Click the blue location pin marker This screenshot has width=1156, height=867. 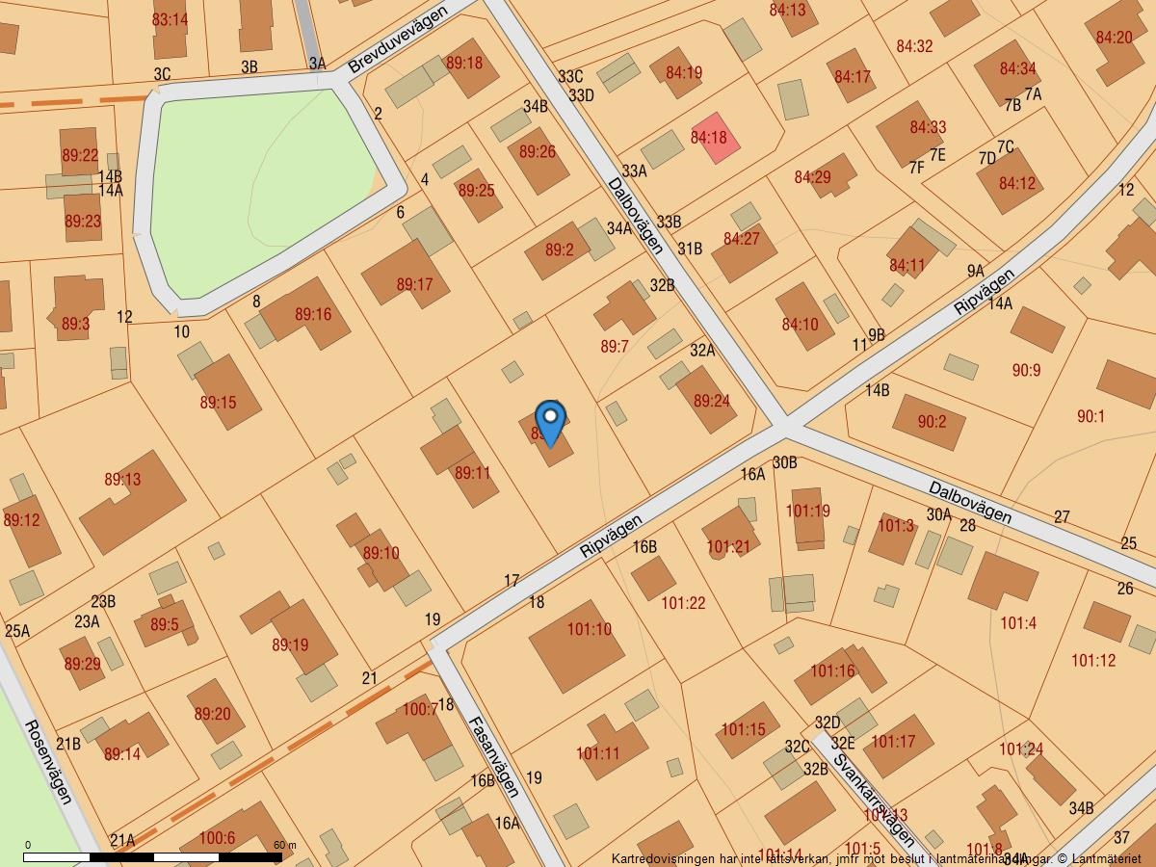tap(550, 421)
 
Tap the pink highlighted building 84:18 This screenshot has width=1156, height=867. tap(712, 138)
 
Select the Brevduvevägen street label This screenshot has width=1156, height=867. tap(398, 39)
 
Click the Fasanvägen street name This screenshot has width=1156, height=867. tap(494, 756)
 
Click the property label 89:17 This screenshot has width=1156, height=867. tap(414, 284)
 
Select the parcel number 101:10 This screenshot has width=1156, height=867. tap(589, 630)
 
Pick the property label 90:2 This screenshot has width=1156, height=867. tap(932, 421)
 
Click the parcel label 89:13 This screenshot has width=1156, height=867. tap(122, 479)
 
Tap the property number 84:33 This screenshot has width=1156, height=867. tap(928, 127)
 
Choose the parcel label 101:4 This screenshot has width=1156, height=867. tap(1017, 623)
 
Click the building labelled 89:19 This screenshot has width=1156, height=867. tap(290, 644)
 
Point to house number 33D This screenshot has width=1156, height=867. tap(581, 95)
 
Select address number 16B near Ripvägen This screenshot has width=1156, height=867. tap(644, 547)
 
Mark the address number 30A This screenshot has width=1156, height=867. tap(938, 514)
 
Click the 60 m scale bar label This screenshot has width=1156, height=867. tap(284, 845)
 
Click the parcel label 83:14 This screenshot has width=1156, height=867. tap(170, 19)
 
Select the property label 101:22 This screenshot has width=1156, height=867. tap(683, 603)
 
